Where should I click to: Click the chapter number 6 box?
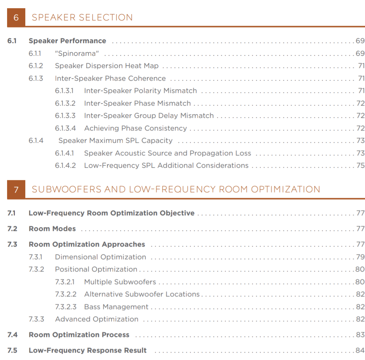[16, 17]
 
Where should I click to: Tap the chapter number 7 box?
[16, 189]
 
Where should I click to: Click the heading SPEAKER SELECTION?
[82, 17]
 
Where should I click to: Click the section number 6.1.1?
[35, 53]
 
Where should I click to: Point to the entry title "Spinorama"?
[77, 53]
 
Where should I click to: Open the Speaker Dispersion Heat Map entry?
[107, 66]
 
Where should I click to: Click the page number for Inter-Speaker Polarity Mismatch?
[361, 91]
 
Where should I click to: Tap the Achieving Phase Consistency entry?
[135, 128]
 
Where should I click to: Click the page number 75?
[361, 165]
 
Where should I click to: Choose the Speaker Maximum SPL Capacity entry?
[116, 141]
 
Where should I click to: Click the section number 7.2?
[12, 229]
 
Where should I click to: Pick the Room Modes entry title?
[52, 229]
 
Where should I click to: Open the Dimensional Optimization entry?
[100, 257]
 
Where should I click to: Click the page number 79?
[360, 257]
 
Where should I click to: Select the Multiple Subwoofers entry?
[120, 282]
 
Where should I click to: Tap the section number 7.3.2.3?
[66, 307]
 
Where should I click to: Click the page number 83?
[360, 335]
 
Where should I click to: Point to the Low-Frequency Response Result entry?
[88, 350]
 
